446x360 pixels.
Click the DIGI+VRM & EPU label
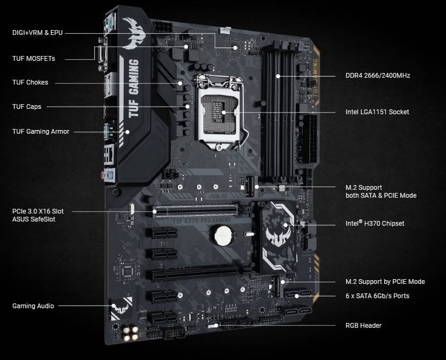(x=37, y=33)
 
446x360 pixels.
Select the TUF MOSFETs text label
(x=33, y=59)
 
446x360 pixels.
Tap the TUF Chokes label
(x=30, y=82)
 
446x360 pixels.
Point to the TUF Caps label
(x=27, y=107)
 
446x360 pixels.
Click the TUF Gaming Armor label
(x=41, y=132)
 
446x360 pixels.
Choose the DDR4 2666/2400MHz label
(x=378, y=76)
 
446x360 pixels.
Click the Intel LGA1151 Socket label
(x=377, y=112)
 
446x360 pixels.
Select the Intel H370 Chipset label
(x=375, y=223)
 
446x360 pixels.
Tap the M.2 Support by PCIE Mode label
(x=385, y=282)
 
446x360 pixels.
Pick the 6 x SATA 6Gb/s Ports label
(x=377, y=296)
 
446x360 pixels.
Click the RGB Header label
(x=363, y=326)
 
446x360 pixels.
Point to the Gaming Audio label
(x=33, y=306)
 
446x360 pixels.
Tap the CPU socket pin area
(x=220, y=112)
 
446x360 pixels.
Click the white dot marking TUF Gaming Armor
(x=128, y=132)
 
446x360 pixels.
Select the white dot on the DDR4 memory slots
(x=278, y=76)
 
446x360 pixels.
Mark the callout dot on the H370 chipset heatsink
(x=285, y=225)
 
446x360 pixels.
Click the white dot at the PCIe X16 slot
(x=154, y=211)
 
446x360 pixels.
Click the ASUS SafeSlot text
(x=33, y=219)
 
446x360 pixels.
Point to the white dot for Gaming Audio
(x=114, y=306)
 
